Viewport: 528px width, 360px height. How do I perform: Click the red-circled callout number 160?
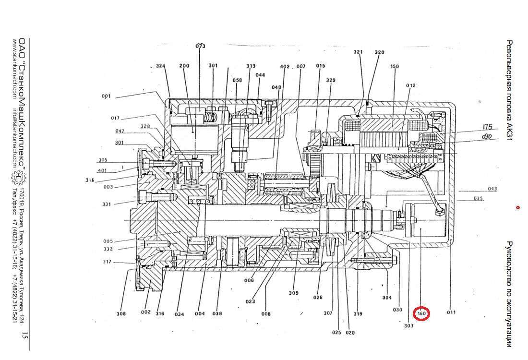click(421, 314)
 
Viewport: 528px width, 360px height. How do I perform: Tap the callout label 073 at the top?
click(200, 46)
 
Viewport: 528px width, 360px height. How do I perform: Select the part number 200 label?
click(184, 66)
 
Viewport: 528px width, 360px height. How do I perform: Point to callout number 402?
click(285, 66)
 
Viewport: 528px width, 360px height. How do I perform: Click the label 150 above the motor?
click(395, 66)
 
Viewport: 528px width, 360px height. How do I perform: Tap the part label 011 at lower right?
click(451, 312)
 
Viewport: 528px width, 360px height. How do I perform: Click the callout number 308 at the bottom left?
click(121, 314)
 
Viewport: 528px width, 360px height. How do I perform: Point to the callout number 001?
click(106, 96)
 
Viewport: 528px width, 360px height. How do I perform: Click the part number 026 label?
click(318, 297)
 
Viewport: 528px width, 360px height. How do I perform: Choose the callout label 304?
click(387, 298)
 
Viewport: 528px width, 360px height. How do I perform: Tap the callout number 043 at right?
click(492, 189)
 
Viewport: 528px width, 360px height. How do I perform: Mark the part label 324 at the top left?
click(160, 66)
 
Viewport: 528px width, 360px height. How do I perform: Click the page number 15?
click(24, 336)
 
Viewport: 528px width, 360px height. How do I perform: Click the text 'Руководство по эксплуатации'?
click(510, 293)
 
